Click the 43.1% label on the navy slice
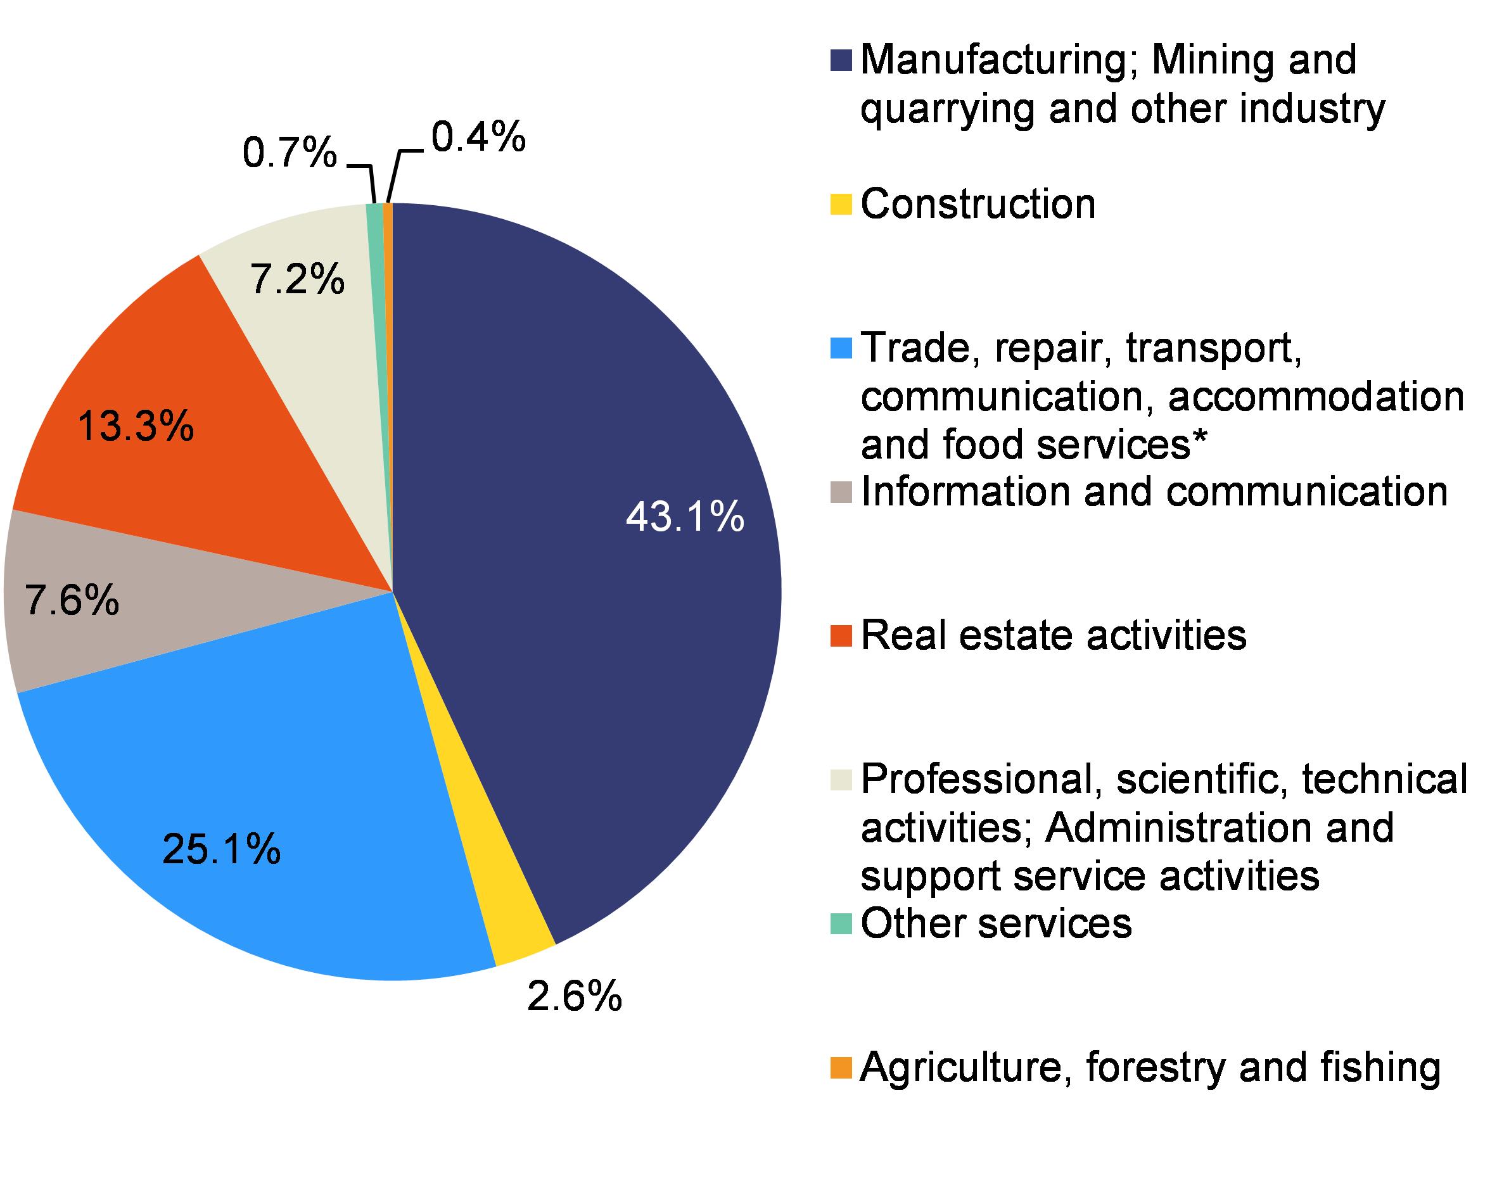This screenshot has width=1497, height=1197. (685, 518)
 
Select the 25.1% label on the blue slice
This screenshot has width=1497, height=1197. (222, 849)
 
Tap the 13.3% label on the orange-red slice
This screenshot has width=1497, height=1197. (136, 426)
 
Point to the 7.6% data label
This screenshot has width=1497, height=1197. (72, 600)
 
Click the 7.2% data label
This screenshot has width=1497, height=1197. (297, 280)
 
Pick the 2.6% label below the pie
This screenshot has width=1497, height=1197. (574, 997)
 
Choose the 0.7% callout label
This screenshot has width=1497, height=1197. (290, 153)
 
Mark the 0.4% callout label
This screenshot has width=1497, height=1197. (478, 137)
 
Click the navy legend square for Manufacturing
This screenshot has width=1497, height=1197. (841, 60)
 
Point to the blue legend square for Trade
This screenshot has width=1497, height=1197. (841, 349)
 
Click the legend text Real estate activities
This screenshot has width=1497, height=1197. (1054, 635)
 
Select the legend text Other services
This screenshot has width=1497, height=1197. (997, 924)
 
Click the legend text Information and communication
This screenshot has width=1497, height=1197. (1154, 491)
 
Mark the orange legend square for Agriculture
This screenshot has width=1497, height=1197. (841, 1068)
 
